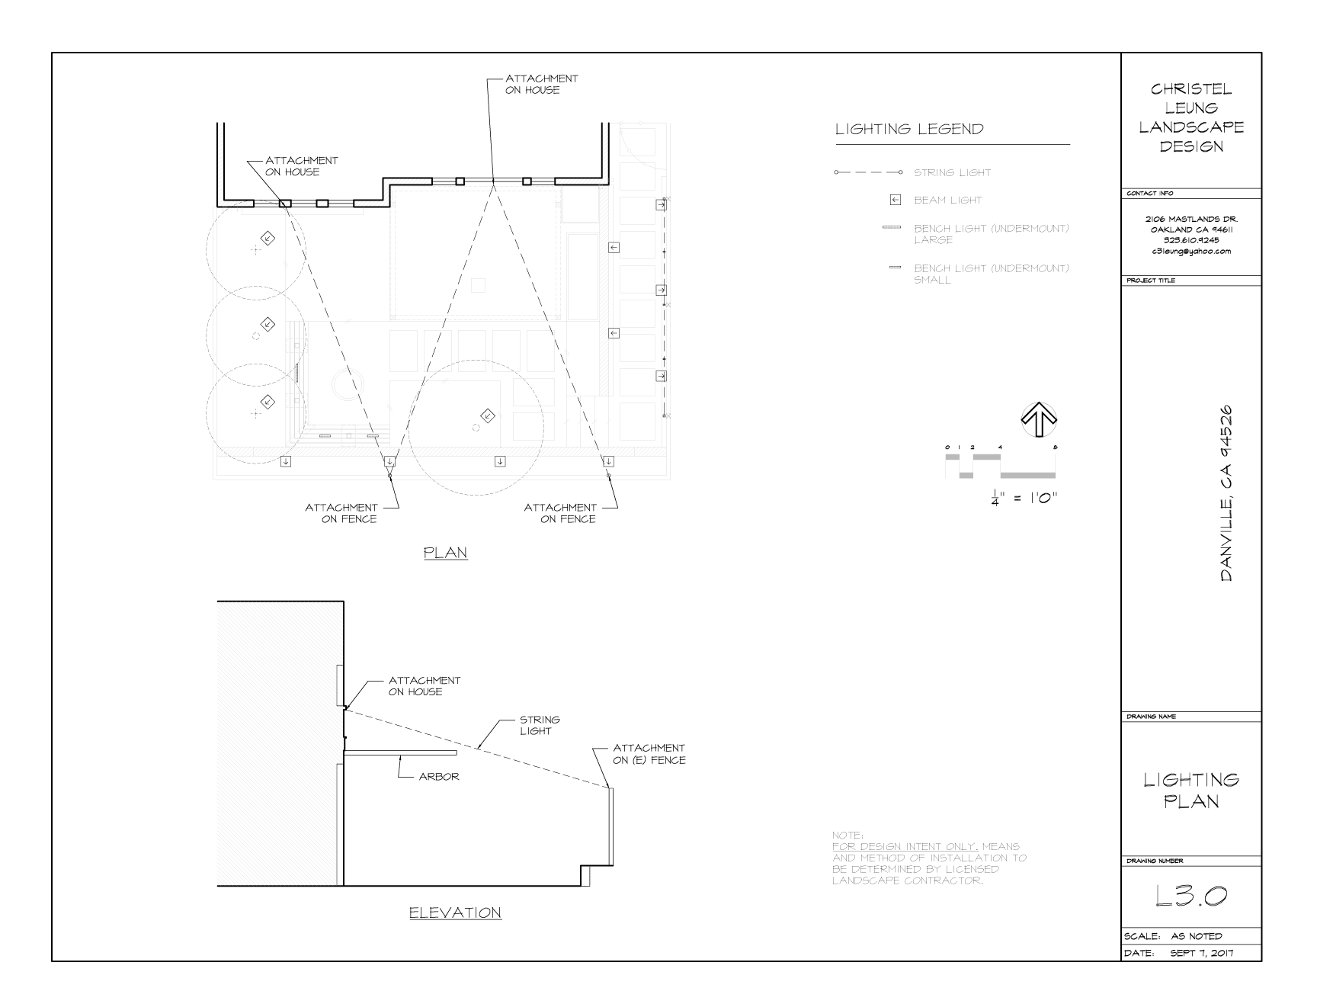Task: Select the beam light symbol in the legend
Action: (x=896, y=200)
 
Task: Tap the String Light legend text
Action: (x=953, y=172)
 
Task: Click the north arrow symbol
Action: (x=1039, y=419)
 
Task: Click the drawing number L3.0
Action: (x=1191, y=897)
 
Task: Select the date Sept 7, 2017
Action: (x=1202, y=953)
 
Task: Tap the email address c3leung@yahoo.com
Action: (x=1191, y=251)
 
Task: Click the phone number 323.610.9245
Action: (x=1191, y=240)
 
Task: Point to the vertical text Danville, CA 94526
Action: (x=1226, y=494)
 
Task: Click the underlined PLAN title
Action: (x=446, y=553)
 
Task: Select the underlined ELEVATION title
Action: (x=455, y=913)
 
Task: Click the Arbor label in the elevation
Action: (x=439, y=777)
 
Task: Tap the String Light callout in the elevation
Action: (x=540, y=725)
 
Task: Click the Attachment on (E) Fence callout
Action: (x=649, y=754)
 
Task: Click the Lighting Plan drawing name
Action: (x=1191, y=790)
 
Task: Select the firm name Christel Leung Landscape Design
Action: (x=1191, y=117)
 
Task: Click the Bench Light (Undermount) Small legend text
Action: (x=992, y=274)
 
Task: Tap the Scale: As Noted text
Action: (x=1173, y=936)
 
